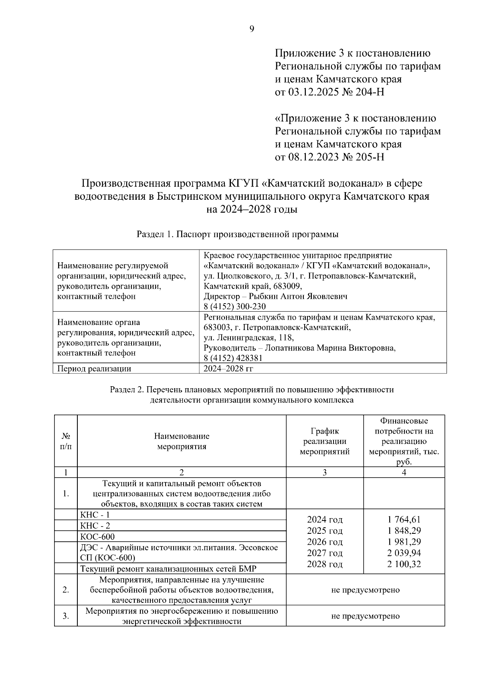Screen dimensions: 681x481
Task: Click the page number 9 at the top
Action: pyautogui.click(x=252, y=28)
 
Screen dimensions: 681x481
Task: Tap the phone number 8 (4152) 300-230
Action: pyautogui.click(x=234, y=307)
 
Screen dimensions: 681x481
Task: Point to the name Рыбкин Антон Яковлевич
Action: pyautogui.click(x=298, y=296)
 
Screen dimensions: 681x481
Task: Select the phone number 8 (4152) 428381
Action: pyautogui.click(x=233, y=358)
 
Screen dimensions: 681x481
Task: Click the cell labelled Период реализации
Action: pyautogui.click(x=95, y=369)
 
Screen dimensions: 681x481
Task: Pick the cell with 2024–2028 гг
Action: pyautogui.click(x=228, y=369)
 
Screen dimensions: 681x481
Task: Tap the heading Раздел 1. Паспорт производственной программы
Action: pyautogui.click(x=238, y=234)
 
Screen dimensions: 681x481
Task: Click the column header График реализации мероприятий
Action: pyautogui.click(x=325, y=441)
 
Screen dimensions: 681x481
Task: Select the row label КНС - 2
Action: pyautogui.click(x=95, y=526)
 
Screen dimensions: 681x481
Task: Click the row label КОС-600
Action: pyautogui.click(x=97, y=537)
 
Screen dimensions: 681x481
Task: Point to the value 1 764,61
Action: pyautogui.click(x=404, y=520)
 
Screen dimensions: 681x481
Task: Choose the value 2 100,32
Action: pyautogui.click(x=404, y=564)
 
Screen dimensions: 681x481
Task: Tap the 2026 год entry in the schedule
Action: pyautogui.click(x=325, y=542)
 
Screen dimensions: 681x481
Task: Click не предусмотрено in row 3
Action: pyautogui.click(x=365, y=616)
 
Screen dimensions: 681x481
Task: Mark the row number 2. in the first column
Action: pyautogui.click(x=66, y=590)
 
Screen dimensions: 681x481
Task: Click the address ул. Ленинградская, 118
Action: pyautogui.click(x=249, y=338)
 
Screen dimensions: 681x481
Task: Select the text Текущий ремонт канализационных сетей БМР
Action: pyautogui.click(x=168, y=569)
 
